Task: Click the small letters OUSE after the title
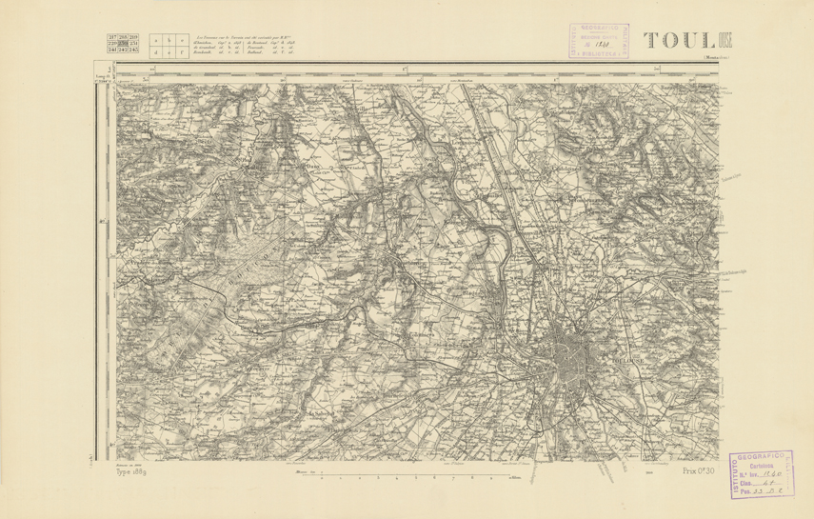[725, 39]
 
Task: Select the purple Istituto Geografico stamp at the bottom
[769, 472]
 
